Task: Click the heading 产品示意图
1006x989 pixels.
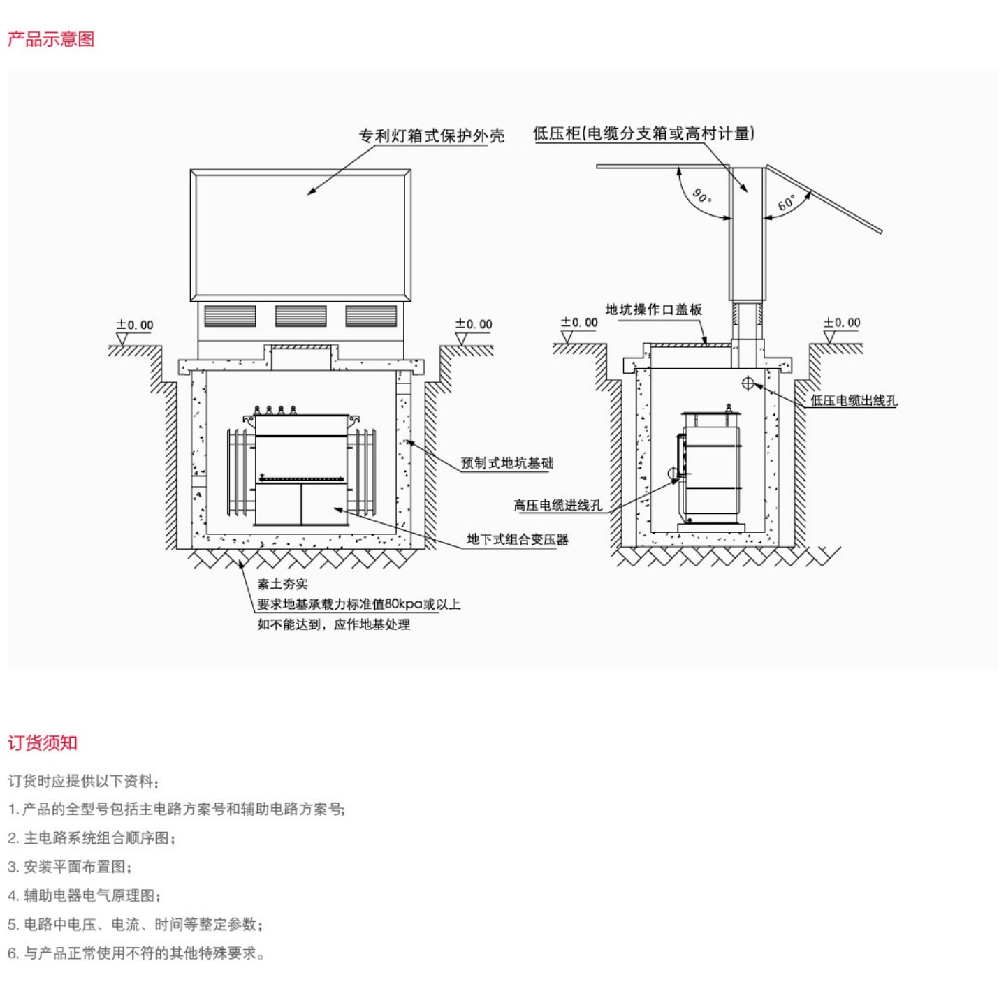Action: [x=51, y=39]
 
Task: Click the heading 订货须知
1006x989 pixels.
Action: [x=43, y=742]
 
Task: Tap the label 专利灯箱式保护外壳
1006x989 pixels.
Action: [x=431, y=135]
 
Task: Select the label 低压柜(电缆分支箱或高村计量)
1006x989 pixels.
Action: [x=643, y=133]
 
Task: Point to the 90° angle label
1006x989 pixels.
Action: [x=701, y=196]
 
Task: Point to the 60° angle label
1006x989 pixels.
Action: [x=787, y=203]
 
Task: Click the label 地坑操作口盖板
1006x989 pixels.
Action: [x=653, y=309]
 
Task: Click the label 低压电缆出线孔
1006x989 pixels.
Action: [x=854, y=400]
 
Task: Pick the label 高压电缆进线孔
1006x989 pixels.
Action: [x=557, y=505]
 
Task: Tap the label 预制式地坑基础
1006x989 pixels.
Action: [x=507, y=462]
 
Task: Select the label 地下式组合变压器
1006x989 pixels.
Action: [x=518, y=539]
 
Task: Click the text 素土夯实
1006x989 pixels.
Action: [x=282, y=584]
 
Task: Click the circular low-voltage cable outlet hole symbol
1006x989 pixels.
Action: [x=748, y=383]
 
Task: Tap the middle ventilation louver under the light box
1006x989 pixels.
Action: [x=300, y=316]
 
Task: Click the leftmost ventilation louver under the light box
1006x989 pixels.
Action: [x=230, y=316]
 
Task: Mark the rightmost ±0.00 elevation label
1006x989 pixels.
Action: [x=842, y=323]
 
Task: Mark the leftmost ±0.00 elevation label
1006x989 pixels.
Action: [x=135, y=325]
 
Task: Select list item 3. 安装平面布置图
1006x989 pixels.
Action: [x=69, y=867]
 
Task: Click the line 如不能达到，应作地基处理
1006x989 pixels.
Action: [x=333, y=624]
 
